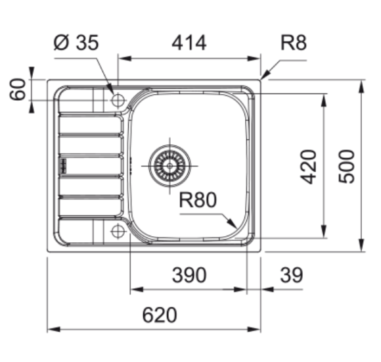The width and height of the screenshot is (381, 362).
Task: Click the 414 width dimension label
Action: [189, 43]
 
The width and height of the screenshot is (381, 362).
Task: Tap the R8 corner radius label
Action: [294, 43]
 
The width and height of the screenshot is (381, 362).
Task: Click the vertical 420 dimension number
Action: [309, 166]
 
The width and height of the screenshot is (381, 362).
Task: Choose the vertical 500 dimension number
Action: [349, 166]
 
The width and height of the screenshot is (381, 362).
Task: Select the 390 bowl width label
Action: [188, 274]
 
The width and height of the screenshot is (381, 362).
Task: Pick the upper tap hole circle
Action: [118, 100]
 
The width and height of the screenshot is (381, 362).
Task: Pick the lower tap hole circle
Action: [118, 230]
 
